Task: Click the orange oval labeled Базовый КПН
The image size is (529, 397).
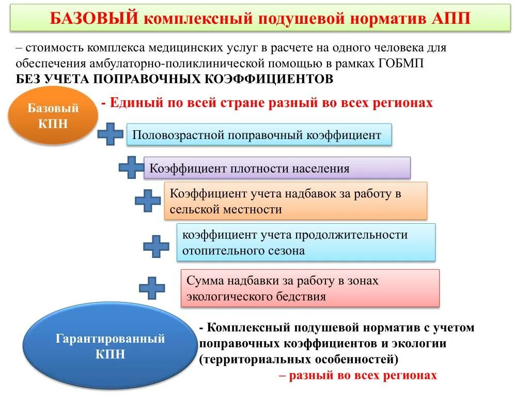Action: point(53,116)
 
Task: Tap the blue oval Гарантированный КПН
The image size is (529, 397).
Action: point(110,346)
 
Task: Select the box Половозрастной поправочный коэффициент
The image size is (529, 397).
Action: point(258,135)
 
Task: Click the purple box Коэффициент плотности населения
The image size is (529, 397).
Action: point(276,168)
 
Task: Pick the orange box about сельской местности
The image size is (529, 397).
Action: point(295,201)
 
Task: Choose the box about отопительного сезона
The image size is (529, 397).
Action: point(306,242)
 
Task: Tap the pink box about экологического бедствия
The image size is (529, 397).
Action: point(310,288)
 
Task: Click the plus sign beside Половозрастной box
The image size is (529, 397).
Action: point(111,134)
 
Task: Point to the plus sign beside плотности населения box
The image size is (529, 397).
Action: point(131,167)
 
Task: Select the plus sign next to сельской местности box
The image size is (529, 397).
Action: point(148,200)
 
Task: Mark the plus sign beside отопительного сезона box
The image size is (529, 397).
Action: point(156,246)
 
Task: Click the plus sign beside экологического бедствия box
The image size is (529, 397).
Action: point(152,287)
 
